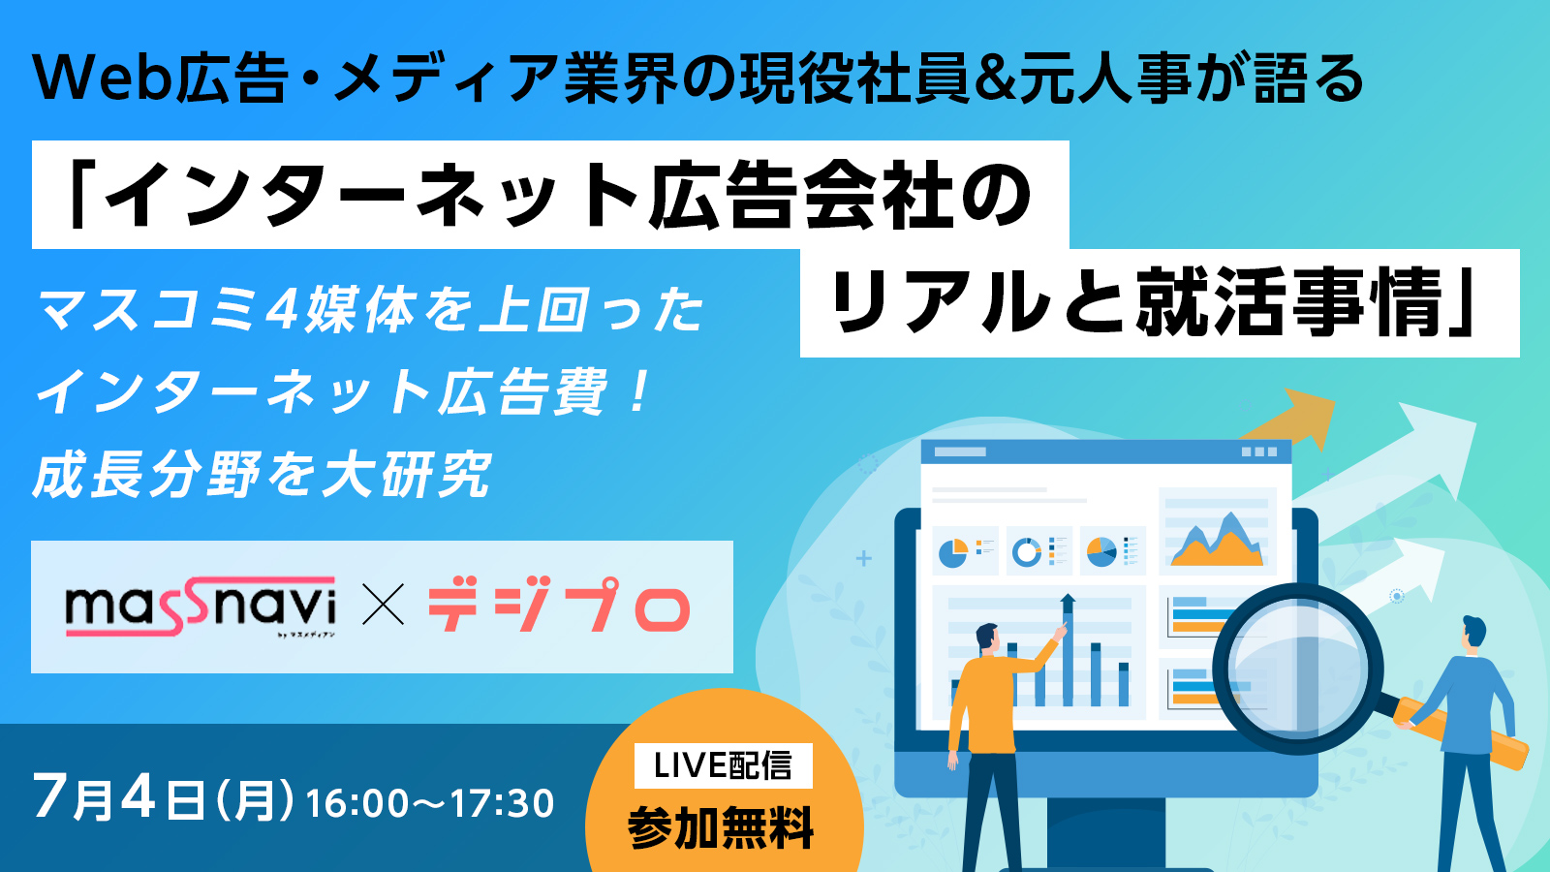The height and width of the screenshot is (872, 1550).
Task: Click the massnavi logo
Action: coord(201,607)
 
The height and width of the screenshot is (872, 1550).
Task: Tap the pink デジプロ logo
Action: coord(559,607)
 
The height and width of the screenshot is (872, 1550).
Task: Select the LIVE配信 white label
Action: coord(723,765)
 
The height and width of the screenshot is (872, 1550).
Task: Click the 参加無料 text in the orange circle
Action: coord(721,827)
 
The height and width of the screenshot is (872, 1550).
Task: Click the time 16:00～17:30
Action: coord(430,803)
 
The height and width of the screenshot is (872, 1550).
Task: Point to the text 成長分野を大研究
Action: coord(263,475)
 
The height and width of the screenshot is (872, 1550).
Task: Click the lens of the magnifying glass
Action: coord(1297,669)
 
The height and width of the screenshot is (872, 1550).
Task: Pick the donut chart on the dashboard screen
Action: coord(1026,551)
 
